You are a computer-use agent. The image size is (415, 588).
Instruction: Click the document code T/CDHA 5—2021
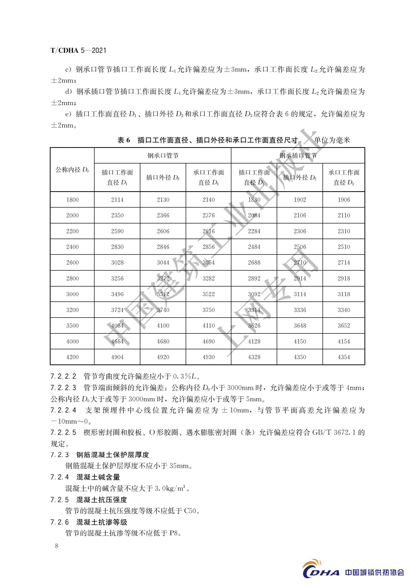tap(78, 50)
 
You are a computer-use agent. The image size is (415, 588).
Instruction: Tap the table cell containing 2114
tap(117, 200)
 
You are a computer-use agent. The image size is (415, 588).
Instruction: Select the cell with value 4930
tap(209, 357)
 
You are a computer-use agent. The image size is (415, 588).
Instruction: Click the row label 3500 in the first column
tap(72, 325)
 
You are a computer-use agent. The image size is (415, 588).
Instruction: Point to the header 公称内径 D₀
tap(72, 170)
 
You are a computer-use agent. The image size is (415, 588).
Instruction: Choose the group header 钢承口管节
tap(163, 156)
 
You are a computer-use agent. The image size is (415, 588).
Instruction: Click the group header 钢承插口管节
tap(298, 156)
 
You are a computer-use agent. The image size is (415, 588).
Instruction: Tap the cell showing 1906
tap(344, 200)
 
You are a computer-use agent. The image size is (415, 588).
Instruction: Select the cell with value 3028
tap(117, 262)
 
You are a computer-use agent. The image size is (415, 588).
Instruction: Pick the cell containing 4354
tap(344, 357)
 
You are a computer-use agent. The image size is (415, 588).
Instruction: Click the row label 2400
tap(72, 247)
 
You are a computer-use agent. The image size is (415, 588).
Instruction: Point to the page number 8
tap(57, 546)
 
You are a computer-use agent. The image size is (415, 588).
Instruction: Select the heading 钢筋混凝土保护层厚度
tap(113, 455)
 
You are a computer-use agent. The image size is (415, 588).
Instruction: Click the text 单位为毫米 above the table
tap(332, 140)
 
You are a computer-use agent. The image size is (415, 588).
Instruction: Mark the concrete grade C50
tap(190, 511)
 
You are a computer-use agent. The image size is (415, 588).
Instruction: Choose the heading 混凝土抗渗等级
tap(102, 522)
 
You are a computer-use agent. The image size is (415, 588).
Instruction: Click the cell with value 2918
tap(344, 278)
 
